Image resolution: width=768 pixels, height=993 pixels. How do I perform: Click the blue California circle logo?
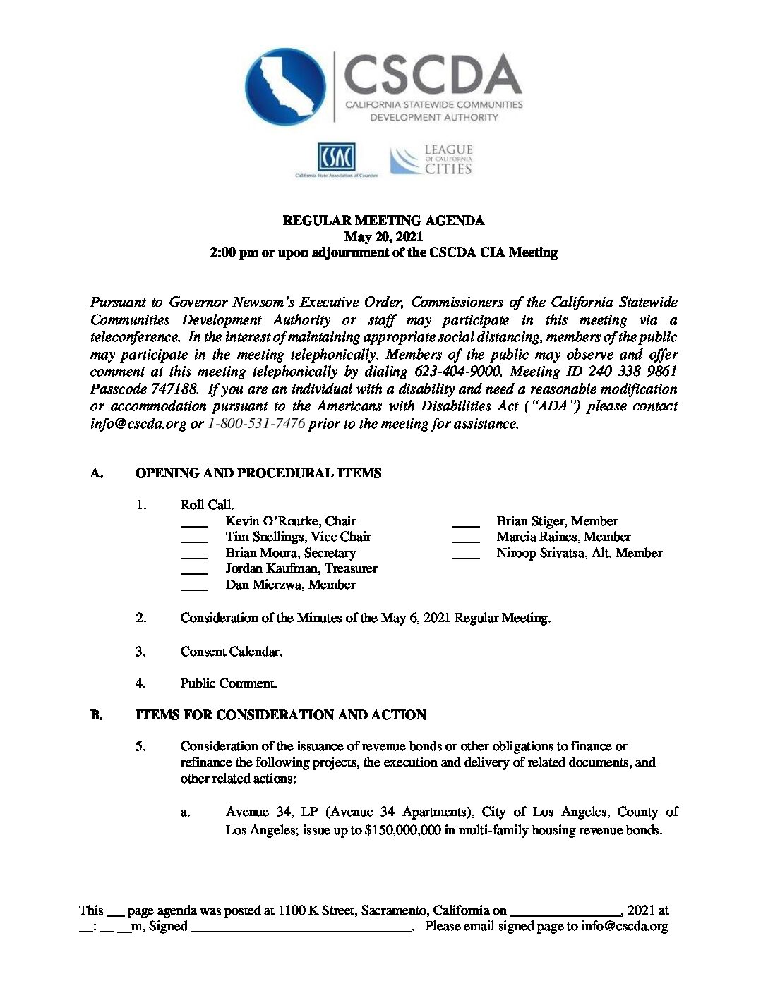285,87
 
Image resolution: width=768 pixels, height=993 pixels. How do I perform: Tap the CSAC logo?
336,157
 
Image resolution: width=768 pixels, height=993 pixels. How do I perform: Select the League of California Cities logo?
431,160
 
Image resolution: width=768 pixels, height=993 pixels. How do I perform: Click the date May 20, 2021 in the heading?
383,236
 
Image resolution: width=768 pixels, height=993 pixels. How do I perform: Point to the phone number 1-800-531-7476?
256,424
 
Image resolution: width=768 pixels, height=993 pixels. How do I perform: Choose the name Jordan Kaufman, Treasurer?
301,568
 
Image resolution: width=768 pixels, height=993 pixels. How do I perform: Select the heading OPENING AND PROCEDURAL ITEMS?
258,473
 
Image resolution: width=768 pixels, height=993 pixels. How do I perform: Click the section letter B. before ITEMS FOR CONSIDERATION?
97,715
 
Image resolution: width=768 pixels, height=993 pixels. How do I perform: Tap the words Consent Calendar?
232,652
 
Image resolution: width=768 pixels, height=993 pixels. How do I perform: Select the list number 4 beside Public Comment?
141,683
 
